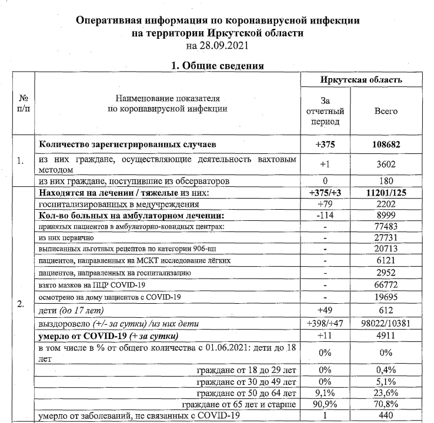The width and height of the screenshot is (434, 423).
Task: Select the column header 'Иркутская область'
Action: click(x=361, y=80)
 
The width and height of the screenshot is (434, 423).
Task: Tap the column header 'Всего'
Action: click(x=386, y=111)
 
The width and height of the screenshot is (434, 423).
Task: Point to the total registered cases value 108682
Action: click(x=386, y=144)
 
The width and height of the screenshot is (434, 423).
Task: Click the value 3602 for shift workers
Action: click(x=386, y=166)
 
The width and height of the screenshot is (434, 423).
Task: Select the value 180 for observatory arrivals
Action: click(x=386, y=182)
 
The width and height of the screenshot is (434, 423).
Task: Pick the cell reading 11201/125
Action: click(x=386, y=193)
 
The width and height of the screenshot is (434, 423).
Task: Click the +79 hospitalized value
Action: click(x=325, y=204)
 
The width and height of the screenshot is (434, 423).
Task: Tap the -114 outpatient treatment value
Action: click(x=325, y=215)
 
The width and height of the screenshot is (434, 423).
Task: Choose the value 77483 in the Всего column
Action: click(x=386, y=226)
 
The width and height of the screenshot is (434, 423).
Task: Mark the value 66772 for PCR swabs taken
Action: click(x=386, y=285)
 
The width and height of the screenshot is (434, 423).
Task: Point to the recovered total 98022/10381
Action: click(x=386, y=324)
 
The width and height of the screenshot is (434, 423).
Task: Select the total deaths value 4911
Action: click(x=386, y=336)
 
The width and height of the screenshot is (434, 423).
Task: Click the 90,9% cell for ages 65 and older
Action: click(x=325, y=405)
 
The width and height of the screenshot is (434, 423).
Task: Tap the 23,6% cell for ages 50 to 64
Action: click(x=386, y=393)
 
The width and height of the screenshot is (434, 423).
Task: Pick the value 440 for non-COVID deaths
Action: click(x=386, y=417)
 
